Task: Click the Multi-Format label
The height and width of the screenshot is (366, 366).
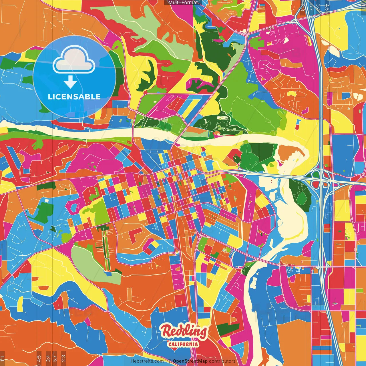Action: tap(183, 3)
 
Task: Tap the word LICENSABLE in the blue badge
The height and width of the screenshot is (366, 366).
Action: tap(74, 97)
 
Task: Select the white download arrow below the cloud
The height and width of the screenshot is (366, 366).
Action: tap(70, 82)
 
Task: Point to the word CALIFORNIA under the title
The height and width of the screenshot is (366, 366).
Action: tap(183, 344)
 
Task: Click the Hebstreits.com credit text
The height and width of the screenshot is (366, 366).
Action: tap(147, 361)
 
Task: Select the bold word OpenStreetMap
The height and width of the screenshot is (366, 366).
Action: tap(190, 361)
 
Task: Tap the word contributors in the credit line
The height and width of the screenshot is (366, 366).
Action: tap(222, 361)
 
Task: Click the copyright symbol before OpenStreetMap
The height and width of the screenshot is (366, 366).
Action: tap(170, 361)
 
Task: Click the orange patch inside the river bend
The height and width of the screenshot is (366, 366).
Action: tap(287, 153)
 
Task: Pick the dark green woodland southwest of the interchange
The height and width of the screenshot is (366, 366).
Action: tap(300, 192)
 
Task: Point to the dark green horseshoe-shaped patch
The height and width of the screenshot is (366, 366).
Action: tap(147, 76)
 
